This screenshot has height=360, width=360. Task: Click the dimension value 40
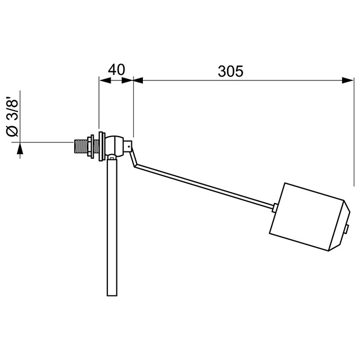[116, 70]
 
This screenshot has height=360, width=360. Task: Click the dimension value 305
[230, 71]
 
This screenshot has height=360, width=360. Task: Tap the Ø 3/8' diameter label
[12, 117]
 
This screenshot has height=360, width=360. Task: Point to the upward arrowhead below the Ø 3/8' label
[20, 148]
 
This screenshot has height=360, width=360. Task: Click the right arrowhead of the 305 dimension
[348, 80]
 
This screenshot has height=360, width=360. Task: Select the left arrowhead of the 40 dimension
[105, 80]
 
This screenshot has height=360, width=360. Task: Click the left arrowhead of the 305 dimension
[138, 80]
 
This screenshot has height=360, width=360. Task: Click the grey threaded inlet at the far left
[80, 146]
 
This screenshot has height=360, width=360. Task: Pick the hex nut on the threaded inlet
[91, 146]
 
